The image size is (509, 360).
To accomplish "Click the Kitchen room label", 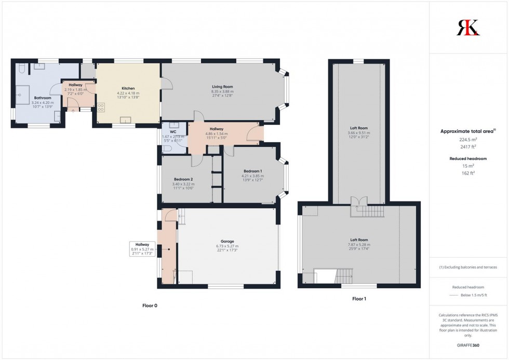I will (x=128, y=88).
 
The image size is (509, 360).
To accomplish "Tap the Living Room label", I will (x=222, y=86).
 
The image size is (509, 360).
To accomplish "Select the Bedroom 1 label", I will (x=253, y=171).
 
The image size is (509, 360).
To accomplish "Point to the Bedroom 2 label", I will (x=183, y=179).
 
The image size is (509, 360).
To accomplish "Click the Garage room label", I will (x=227, y=241).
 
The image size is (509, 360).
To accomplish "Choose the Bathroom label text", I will (x=43, y=98).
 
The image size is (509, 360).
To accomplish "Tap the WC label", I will (x=173, y=131).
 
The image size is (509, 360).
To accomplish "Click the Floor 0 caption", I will (x=150, y=306).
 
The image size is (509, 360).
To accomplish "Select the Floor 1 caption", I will (x=359, y=299).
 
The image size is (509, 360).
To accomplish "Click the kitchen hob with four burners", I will (x=100, y=108).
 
